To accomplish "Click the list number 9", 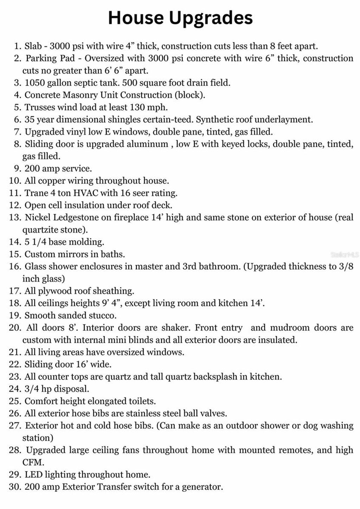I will point(18,169).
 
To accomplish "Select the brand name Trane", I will point(37,193).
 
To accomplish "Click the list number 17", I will point(15,291).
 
